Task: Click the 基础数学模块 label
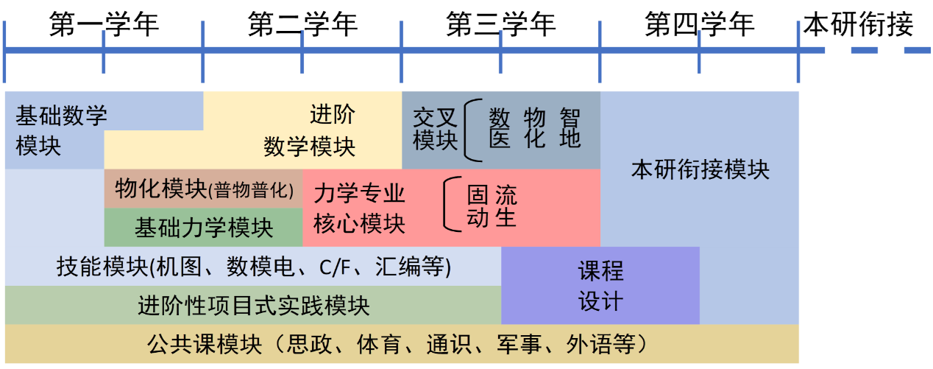(61, 130)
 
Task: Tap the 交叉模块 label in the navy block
(435, 128)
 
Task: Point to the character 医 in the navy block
(500, 138)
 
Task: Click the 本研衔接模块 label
(700, 170)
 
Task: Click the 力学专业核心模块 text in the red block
(360, 208)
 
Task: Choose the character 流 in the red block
(505, 195)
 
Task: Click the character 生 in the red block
(505, 218)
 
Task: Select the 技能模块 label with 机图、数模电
(254, 267)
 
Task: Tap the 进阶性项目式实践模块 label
(254, 305)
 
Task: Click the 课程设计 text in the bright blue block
(600, 286)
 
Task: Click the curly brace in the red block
(451, 205)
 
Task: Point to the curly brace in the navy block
(472, 130)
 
